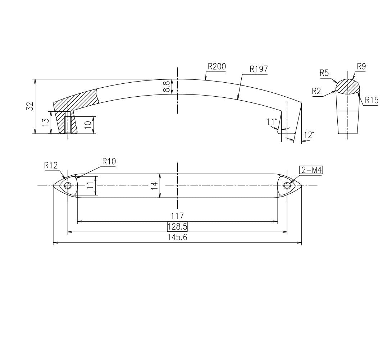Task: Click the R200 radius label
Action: point(216,66)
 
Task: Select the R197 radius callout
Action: point(259,69)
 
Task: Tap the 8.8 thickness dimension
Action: point(166,87)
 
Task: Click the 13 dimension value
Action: point(45,123)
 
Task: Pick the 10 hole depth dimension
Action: point(87,125)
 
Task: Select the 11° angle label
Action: point(272,122)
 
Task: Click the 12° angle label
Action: point(309,135)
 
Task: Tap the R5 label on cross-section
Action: point(324,73)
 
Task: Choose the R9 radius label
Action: point(361,66)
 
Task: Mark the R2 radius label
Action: point(317,91)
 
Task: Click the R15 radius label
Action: point(372,100)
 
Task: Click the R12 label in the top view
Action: point(51,165)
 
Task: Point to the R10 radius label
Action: point(109,161)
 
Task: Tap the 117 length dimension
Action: point(177,216)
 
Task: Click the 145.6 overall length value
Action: point(177,237)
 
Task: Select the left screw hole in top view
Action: point(68,186)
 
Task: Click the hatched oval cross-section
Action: point(348,87)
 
